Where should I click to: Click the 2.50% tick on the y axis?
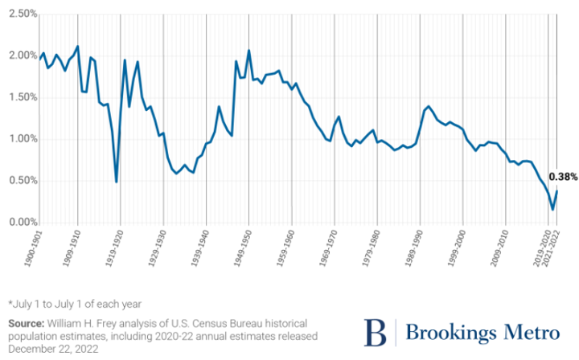coord(18,14)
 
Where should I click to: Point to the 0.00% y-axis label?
coord(18,223)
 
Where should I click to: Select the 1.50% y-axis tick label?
coord(18,97)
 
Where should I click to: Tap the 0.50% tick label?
coord(18,181)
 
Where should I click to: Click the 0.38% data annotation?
coord(562,176)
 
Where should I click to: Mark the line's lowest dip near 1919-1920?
coord(117,182)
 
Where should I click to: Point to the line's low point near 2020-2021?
coord(552,210)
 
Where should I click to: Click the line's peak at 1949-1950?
coord(248,51)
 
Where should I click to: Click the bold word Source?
coord(28,322)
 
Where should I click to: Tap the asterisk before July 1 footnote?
coord(11,304)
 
